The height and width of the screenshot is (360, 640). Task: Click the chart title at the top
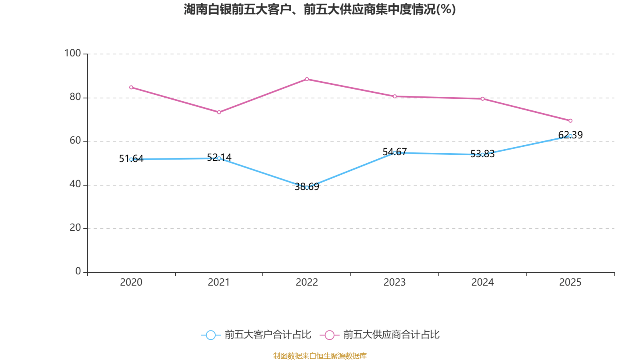pyautogui.click(x=320, y=9)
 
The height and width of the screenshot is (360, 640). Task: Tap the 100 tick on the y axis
pyautogui.click(x=72, y=53)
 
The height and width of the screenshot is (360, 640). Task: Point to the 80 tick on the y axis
pyautogui.click(x=75, y=97)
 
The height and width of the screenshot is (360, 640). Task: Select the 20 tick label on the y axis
pyautogui.click(x=75, y=228)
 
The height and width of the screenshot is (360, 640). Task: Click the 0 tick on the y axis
pyautogui.click(x=78, y=271)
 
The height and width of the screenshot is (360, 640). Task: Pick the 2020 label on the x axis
pyautogui.click(x=131, y=282)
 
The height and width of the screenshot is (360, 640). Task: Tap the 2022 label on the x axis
pyautogui.click(x=307, y=282)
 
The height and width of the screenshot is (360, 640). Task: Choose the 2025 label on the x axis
pyautogui.click(x=570, y=282)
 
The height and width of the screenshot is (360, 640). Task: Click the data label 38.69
pyautogui.click(x=307, y=187)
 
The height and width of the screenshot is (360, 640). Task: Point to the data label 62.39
pyautogui.click(x=570, y=135)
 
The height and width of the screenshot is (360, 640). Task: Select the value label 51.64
pyautogui.click(x=131, y=159)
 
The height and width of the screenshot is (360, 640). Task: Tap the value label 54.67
pyautogui.click(x=395, y=152)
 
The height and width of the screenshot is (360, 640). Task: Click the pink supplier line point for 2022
pyautogui.click(x=307, y=79)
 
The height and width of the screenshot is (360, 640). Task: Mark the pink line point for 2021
pyautogui.click(x=219, y=112)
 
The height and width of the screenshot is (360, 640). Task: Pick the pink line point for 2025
pyautogui.click(x=570, y=121)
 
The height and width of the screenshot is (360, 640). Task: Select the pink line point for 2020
pyautogui.click(x=131, y=87)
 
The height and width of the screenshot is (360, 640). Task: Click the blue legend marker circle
pyautogui.click(x=211, y=335)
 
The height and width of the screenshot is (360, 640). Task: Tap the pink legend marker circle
pyautogui.click(x=330, y=335)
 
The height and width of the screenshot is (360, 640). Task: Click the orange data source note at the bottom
pyautogui.click(x=320, y=356)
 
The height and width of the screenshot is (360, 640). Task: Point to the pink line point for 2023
pyautogui.click(x=395, y=96)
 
